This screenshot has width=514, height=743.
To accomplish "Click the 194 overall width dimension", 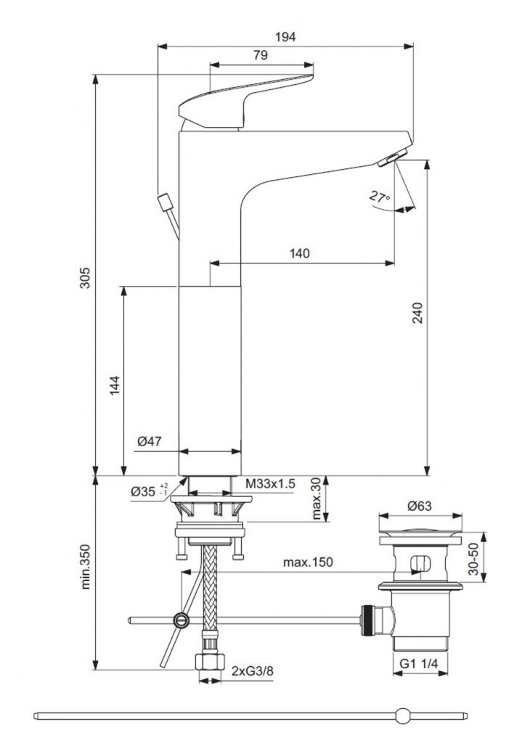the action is (x=285, y=37).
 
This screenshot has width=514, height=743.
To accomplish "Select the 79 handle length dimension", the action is (x=261, y=55).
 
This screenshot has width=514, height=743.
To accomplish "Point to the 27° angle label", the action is (x=380, y=196).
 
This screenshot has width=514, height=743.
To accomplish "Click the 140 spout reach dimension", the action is (x=300, y=253).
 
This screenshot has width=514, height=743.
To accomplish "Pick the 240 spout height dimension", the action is (x=417, y=313).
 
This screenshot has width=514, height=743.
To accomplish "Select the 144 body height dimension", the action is (x=114, y=385).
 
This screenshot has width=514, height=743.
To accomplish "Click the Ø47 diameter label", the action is (x=150, y=442).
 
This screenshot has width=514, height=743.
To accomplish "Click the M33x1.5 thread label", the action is (x=270, y=484).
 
